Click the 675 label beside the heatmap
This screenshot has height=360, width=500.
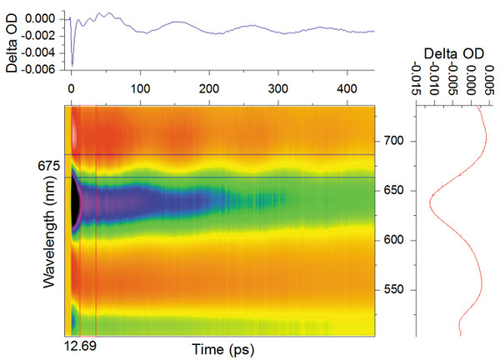(48, 165)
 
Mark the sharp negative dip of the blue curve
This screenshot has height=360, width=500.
(72, 64)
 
